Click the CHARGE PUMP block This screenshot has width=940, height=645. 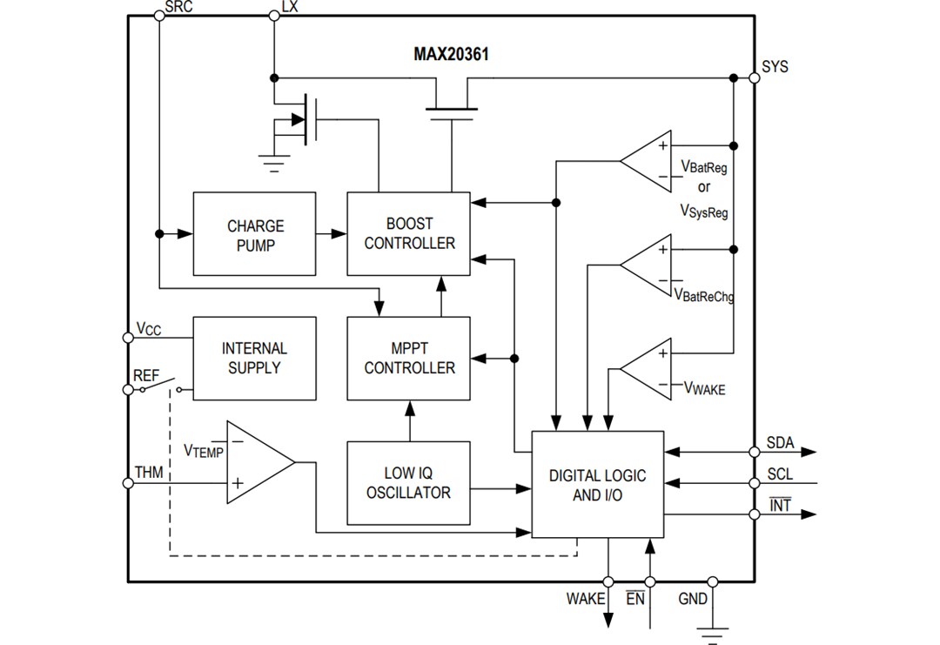tap(254, 234)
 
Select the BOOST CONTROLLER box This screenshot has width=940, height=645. tap(408, 234)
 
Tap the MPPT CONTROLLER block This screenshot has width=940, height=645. tap(408, 358)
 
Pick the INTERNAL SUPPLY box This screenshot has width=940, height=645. tap(254, 358)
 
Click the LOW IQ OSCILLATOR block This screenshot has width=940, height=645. tap(408, 483)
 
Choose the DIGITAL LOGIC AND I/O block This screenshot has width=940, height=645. tap(597, 485)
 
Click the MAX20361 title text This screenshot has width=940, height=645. tap(451, 54)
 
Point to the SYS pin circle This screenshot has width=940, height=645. tap(755, 77)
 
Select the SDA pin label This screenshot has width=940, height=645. tap(780, 443)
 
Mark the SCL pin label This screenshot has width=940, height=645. tap(780, 475)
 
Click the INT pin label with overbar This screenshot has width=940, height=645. tap(780, 505)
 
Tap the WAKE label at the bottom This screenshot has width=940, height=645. tap(585, 599)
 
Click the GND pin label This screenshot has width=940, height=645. tap(693, 599)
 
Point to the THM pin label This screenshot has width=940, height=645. tap(148, 473)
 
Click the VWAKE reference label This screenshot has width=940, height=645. tap(704, 388)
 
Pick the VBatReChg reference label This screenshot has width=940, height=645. tap(704, 296)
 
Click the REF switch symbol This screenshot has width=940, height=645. tap(161, 386)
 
